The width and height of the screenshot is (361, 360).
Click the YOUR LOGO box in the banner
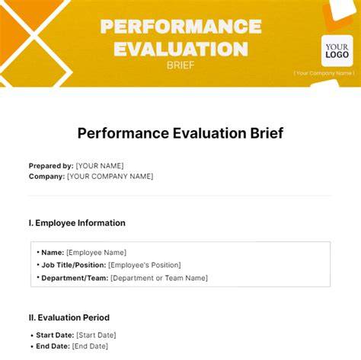pyautogui.click(x=337, y=51)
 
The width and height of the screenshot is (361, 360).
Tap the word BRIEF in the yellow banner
pyautogui.click(x=180, y=65)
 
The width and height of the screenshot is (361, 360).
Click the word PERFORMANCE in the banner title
pyautogui.click(x=180, y=27)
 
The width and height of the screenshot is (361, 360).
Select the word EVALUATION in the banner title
pyautogui.click(x=180, y=49)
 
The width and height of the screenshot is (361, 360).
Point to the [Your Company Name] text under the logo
pyautogui.click(x=324, y=73)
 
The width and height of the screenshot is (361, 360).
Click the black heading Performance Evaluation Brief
pyautogui.click(x=180, y=133)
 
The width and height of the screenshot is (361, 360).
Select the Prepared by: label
pyautogui.click(x=51, y=166)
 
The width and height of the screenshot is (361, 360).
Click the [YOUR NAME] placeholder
pyautogui.click(x=100, y=166)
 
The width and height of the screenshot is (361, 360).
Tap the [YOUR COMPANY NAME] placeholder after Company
pyautogui.click(x=110, y=177)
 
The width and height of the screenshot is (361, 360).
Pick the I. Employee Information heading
pyautogui.click(x=77, y=223)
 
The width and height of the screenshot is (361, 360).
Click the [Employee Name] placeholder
pyautogui.click(x=96, y=253)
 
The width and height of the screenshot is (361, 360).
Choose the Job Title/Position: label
pyautogui.click(x=74, y=265)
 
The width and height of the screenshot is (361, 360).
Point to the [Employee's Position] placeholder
pyautogui.click(x=145, y=265)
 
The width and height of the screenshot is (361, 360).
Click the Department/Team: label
pyautogui.click(x=75, y=278)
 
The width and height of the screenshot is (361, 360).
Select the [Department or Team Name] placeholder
pyautogui.click(x=159, y=278)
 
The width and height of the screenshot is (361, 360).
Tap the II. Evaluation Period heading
pyautogui.click(x=69, y=317)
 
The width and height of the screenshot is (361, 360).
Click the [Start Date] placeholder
pyautogui.click(x=96, y=335)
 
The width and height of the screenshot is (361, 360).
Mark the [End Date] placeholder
pyautogui.click(x=90, y=346)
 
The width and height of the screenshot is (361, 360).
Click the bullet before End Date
pyautogui.click(x=32, y=346)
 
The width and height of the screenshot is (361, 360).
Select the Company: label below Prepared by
pyautogui.click(x=46, y=177)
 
